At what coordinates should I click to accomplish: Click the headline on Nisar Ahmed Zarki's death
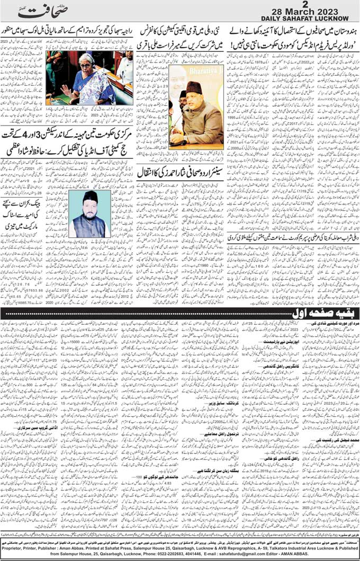[181, 172]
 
